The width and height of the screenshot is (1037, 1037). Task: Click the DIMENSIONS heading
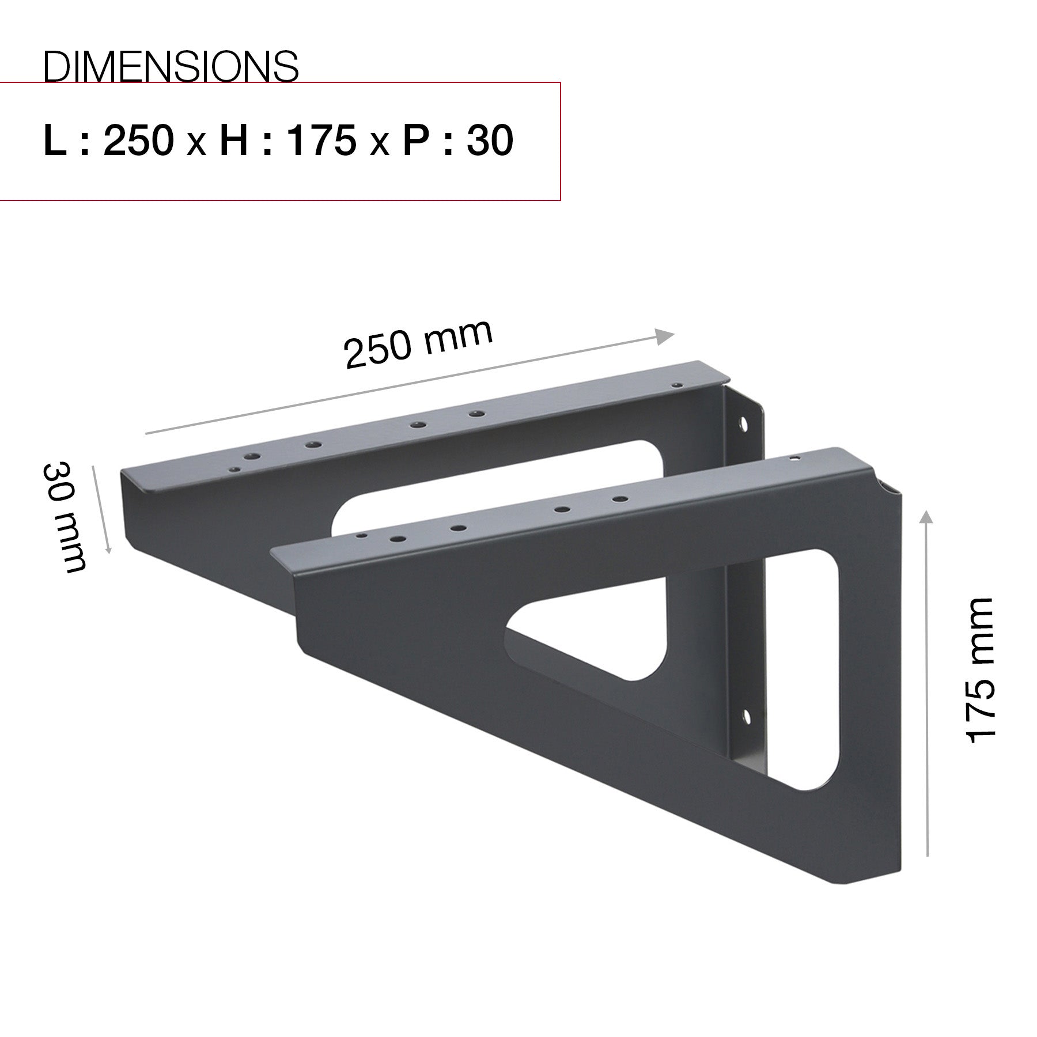click(x=171, y=66)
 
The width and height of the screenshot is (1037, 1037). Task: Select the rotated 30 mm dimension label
click(x=65, y=517)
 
